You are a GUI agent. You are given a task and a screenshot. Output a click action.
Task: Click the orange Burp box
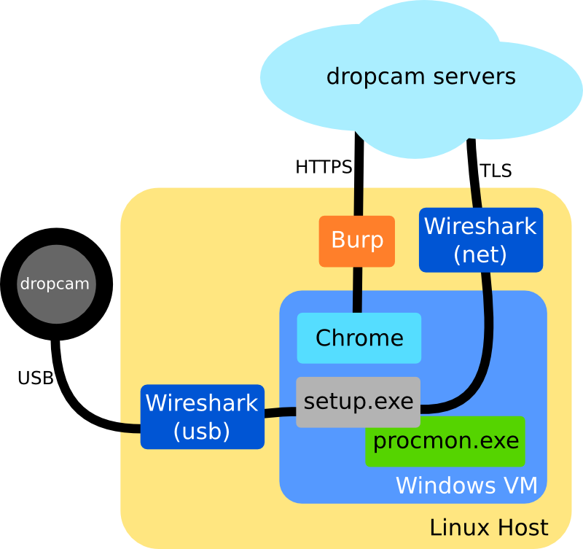[357, 241]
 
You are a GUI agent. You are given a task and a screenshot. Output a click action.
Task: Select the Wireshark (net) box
[481, 240]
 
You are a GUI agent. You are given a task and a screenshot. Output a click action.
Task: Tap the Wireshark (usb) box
[202, 416]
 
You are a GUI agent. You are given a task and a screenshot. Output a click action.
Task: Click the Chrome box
[359, 338]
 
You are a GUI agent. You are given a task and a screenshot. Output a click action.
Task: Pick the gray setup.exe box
[358, 402]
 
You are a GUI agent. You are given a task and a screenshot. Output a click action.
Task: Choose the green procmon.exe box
[445, 441]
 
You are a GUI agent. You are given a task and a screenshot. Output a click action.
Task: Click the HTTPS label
[323, 168]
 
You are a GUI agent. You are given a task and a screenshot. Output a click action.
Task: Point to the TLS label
[496, 171]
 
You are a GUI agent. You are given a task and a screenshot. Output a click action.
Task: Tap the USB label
[35, 378]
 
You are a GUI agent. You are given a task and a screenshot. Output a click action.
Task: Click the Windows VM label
[466, 486]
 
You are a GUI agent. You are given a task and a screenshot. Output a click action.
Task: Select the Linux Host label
[488, 528]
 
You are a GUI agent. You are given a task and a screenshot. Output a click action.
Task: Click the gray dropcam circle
[55, 284]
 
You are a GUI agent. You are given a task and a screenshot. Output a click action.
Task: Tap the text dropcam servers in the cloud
[421, 77]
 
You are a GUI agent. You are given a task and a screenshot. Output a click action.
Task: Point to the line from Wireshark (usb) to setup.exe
[280, 413]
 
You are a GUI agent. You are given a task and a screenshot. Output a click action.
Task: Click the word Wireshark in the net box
[480, 226]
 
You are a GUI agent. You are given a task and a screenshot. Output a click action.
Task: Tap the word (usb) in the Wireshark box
[202, 431]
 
